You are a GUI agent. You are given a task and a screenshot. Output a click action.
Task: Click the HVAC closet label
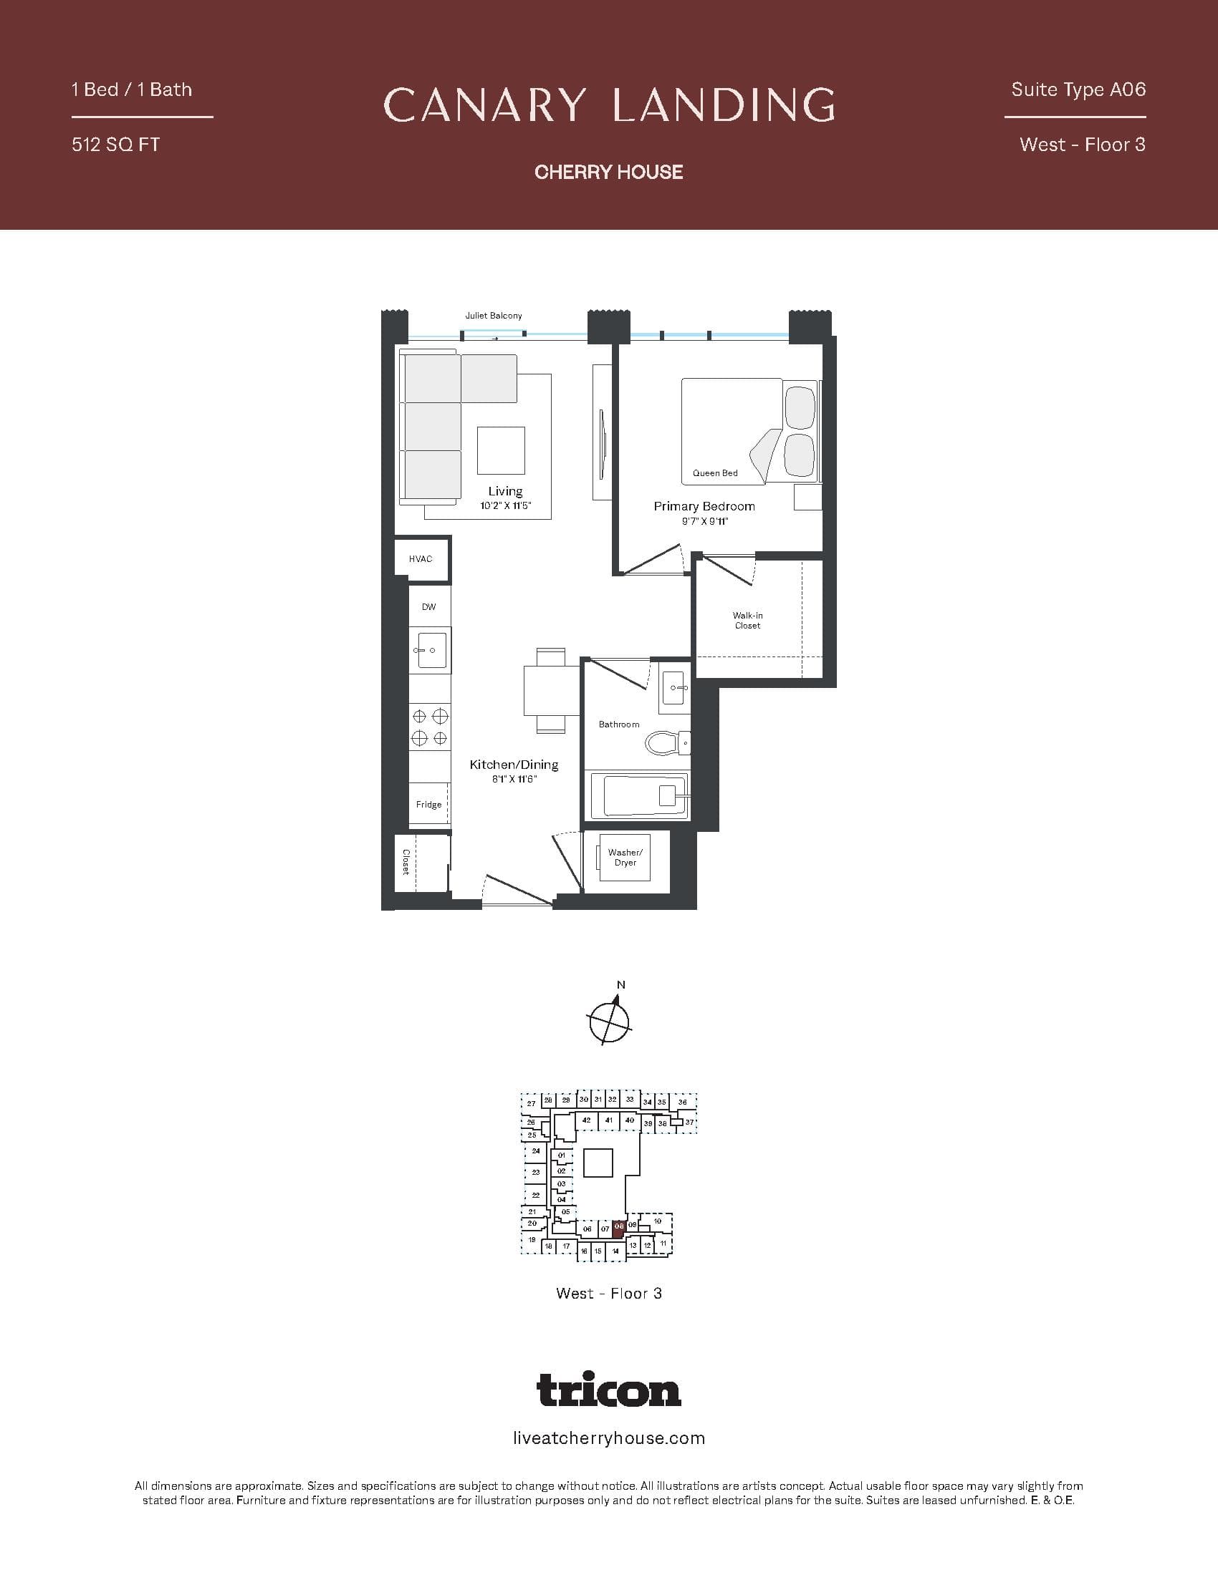pyautogui.click(x=420, y=559)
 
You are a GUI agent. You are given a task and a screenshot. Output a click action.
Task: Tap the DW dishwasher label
pyautogui.click(x=428, y=607)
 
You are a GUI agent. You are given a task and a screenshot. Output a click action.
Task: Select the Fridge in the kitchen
pyautogui.click(x=428, y=804)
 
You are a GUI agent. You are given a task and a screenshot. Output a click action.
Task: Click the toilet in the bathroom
pyautogui.click(x=666, y=743)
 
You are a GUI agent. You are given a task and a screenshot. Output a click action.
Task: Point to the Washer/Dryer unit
pyautogui.click(x=625, y=858)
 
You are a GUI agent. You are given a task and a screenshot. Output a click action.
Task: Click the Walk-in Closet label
pyautogui.click(x=747, y=621)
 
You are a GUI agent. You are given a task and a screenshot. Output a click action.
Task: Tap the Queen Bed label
pyautogui.click(x=715, y=473)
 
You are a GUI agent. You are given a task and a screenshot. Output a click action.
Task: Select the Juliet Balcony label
pyautogui.click(x=494, y=316)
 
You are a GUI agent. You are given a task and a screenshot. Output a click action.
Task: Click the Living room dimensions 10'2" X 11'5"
pyautogui.click(x=505, y=506)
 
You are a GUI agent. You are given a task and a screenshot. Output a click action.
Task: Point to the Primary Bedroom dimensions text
pyautogui.click(x=704, y=521)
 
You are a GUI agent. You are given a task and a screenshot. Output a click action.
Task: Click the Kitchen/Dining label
pyautogui.click(x=514, y=765)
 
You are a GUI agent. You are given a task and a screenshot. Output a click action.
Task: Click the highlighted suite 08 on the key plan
pyautogui.click(x=619, y=1228)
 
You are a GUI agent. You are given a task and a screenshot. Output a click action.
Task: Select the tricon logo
pyautogui.click(x=609, y=1390)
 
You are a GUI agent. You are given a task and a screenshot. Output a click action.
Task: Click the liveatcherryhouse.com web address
pyautogui.click(x=609, y=1439)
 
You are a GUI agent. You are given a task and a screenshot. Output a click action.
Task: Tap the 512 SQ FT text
pyautogui.click(x=115, y=145)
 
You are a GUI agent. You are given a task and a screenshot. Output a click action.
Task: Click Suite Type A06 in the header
pyautogui.click(x=1078, y=89)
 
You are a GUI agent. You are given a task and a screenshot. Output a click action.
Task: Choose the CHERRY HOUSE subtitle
pyautogui.click(x=609, y=172)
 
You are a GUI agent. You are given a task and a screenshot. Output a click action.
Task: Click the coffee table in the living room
pyautogui.click(x=501, y=451)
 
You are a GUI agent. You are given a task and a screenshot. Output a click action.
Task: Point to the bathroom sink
pyautogui.click(x=674, y=689)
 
